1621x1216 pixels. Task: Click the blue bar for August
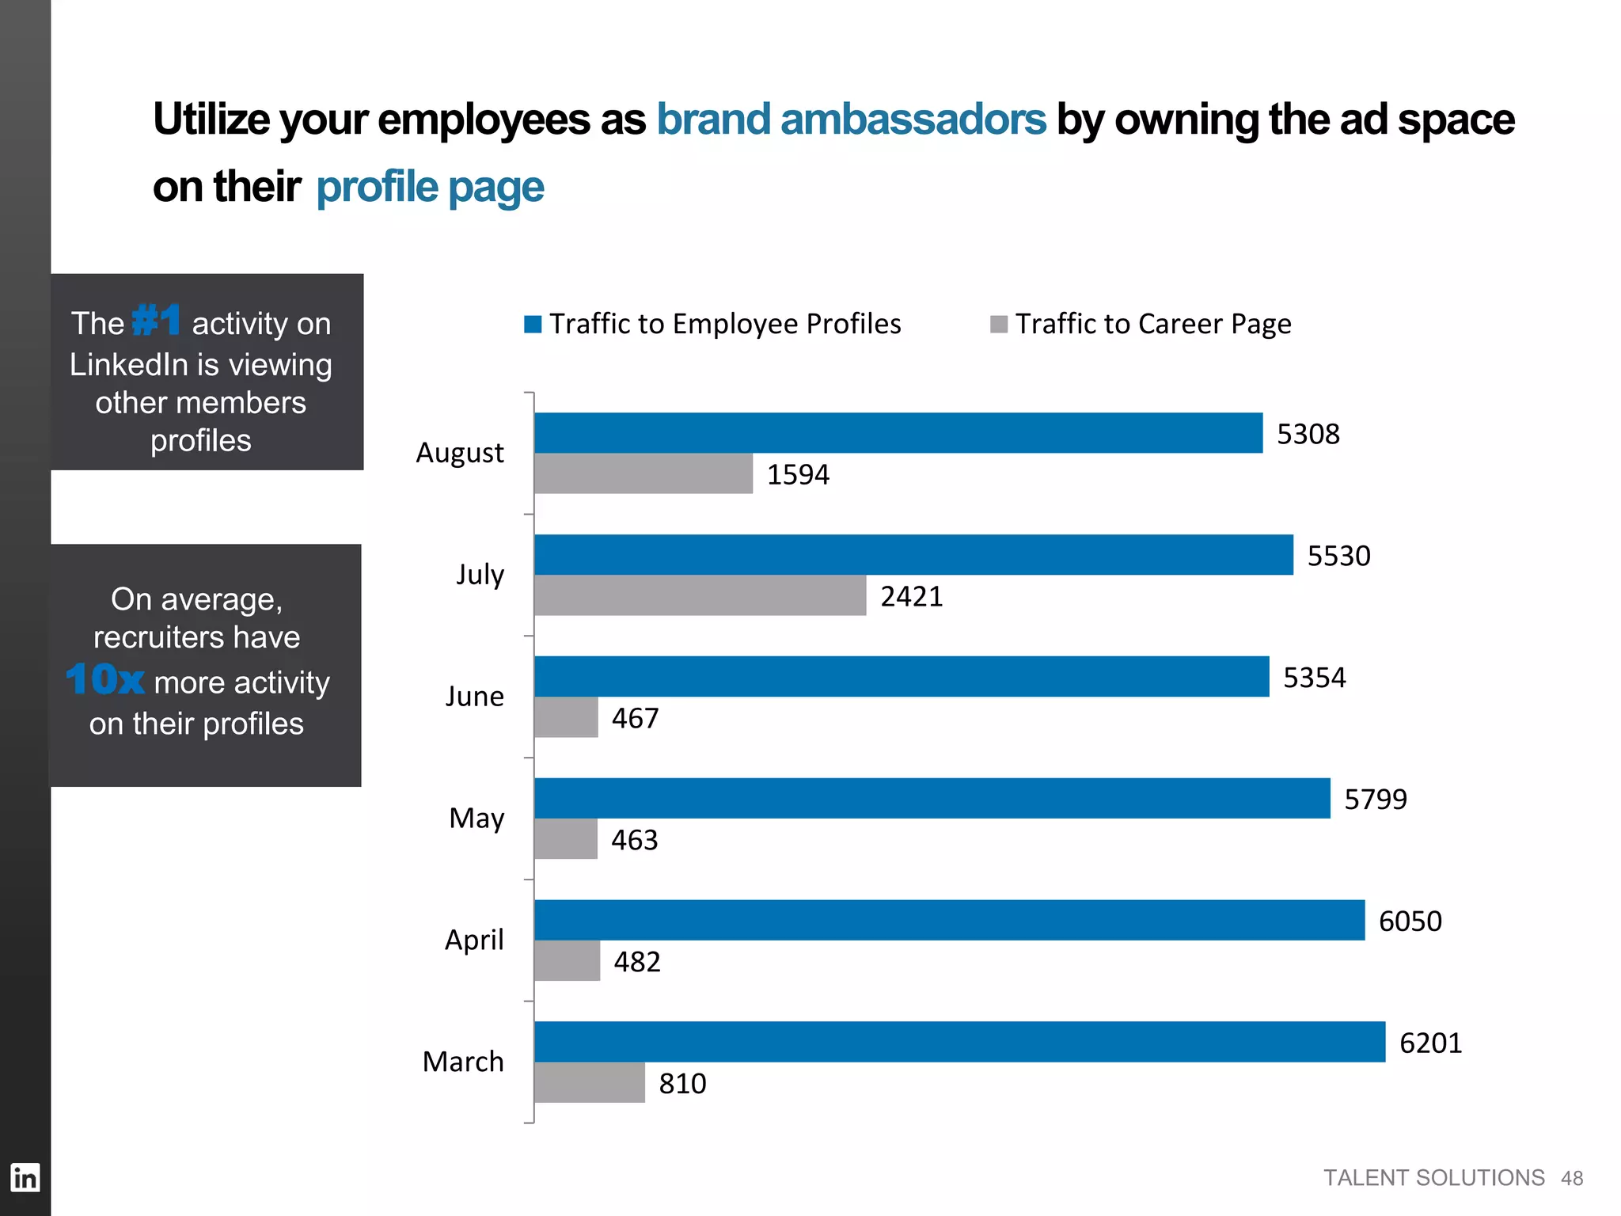point(898,433)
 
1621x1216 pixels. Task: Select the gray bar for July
point(700,596)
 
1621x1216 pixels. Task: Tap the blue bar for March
point(959,1042)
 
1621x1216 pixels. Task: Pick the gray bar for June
point(566,717)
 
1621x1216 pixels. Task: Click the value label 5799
point(1376,800)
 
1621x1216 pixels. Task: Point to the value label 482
point(637,962)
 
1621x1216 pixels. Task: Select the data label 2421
point(912,596)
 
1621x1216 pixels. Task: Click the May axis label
point(476,818)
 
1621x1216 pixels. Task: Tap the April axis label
point(473,940)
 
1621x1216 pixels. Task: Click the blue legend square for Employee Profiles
point(533,325)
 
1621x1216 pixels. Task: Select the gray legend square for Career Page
point(999,325)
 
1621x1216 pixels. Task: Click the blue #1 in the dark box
point(156,321)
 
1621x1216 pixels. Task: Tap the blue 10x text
point(105,679)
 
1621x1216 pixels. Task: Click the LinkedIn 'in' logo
point(25,1178)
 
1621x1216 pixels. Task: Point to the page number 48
point(1572,1179)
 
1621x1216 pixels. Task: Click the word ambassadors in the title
point(913,120)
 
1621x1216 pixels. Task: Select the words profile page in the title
point(430,188)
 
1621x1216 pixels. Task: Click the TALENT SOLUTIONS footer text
point(1433,1178)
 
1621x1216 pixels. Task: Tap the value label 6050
point(1410,921)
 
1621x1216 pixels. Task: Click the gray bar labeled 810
point(589,1083)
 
